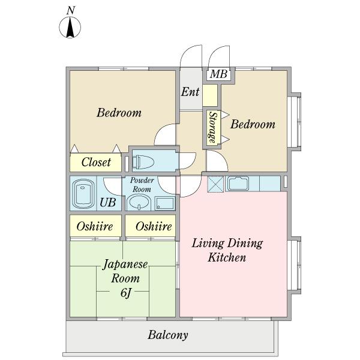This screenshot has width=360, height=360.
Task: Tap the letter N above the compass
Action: coord(71,11)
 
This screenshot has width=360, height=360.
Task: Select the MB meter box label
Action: coord(218,74)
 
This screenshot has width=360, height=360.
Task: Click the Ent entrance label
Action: coord(190,92)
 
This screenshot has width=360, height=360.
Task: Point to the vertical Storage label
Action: coord(213,127)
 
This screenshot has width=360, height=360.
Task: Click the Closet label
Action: coord(96,162)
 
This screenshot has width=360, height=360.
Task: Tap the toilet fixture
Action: coord(143,162)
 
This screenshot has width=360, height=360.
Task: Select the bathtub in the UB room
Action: coord(83,194)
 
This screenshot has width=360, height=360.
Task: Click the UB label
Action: coord(107,202)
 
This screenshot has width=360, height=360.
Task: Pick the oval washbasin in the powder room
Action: coord(139,203)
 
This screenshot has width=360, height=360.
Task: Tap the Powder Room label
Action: coord(142,185)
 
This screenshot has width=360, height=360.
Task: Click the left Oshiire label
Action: coord(95,226)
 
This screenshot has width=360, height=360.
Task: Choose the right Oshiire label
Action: coord(154,226)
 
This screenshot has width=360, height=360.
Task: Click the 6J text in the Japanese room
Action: coord(126,293)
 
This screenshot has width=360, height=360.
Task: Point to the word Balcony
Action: coord(168,335)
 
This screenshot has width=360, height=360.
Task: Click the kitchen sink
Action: coord(238,184)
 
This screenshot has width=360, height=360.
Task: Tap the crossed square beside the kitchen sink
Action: coord(215,184)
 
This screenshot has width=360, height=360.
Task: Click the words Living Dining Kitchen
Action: coord(227,250)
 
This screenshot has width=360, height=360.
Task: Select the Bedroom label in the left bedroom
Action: coord(119,113)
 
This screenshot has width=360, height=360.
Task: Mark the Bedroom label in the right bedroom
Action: coord(253,124)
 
